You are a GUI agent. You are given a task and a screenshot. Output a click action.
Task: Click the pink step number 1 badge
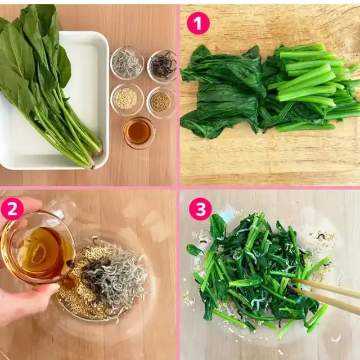pyautogui.click(x=198, y=23)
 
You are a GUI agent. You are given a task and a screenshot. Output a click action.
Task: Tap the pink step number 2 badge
pyautogui.click(x=12, y=209)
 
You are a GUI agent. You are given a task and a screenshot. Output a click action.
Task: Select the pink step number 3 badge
pyautogui.click(x=200, y=209)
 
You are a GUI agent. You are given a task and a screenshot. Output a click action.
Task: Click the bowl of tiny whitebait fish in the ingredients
pyautogui.click(x=127, y=63)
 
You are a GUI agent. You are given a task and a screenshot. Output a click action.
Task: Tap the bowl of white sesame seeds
pyautogui.click(x=127, y=100)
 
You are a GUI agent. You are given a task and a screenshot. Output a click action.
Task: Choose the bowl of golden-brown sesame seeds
pyautogui.click(x=161, y=102)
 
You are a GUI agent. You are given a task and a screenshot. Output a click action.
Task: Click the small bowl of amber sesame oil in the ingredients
pyautogui.click(x=138, y=133)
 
